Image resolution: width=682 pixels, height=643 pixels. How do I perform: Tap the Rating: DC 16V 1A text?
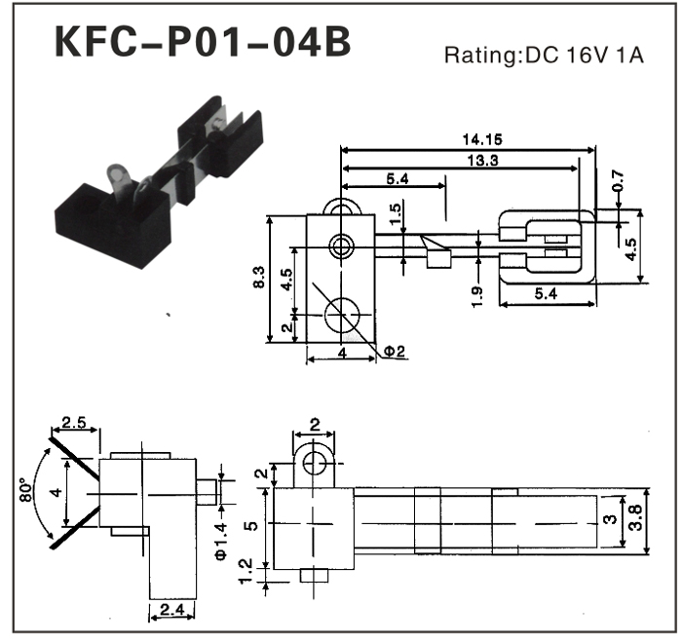544,56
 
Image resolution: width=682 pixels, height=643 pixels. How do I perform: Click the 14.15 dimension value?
477,140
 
